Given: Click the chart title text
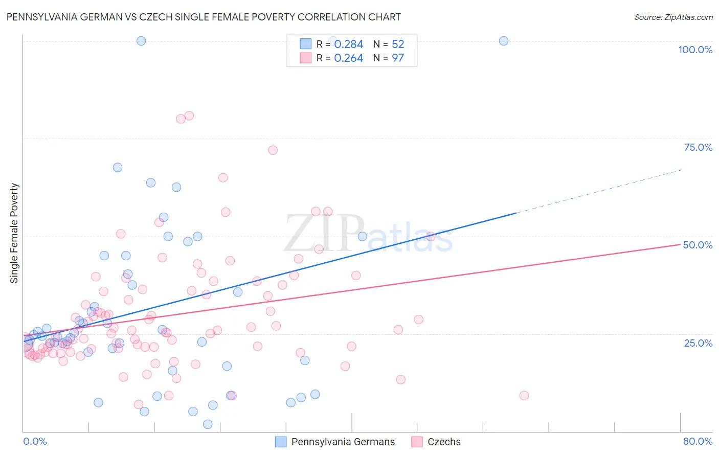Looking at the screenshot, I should [x=204, y=17].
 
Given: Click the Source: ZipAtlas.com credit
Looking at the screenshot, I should [x=673, y=17].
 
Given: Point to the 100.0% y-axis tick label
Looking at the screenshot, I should [x=695, y=50].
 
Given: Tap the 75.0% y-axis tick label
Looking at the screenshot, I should [x=698, y=147].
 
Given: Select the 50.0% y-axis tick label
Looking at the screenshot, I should [x=698, y=245].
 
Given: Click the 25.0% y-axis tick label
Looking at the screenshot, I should [x=698, y=343].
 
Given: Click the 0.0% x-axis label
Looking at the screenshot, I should [x=35, y=441].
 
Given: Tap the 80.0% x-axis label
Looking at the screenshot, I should [x=698, y=441].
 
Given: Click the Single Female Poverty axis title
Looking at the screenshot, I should [x=14, y=233].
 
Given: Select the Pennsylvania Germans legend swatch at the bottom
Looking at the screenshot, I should [x=281, y=442].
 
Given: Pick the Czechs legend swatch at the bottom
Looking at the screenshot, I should [x=417, y=442].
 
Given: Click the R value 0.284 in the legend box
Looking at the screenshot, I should [x=348, y=44].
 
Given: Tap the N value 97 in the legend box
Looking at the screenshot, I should [x=398, y=58].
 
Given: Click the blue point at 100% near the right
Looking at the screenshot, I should [x=504, y=41].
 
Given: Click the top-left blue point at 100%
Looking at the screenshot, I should [x=141, y=41].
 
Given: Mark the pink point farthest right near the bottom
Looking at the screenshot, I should [x=524, y=395].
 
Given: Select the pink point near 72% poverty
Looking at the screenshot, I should [x=273, y=150].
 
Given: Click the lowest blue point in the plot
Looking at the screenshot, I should [x=208, y=424].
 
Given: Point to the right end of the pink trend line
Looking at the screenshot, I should [x=680, y=244].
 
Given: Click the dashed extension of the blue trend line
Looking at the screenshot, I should [x=598, y=191].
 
